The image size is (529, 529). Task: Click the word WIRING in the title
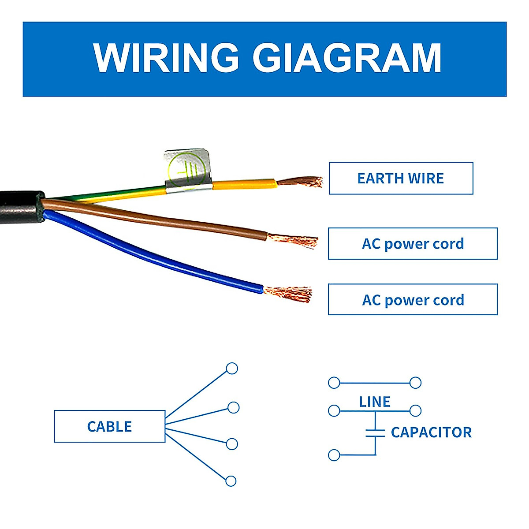pos(166,58)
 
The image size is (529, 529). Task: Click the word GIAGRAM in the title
pos(346,58)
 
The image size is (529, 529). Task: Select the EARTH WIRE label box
pos(401,178)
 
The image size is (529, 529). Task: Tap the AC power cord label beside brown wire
pos(413,243)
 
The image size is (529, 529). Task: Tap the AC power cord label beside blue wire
pos(413,300)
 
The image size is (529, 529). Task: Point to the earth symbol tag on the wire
pos(187,169)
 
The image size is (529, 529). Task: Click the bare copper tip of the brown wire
pos(294,240)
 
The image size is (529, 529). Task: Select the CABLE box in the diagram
pos(109,426)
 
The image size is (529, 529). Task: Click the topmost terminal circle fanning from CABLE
pos(232,369)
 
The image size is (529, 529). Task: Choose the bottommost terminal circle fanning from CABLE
pos(231,481)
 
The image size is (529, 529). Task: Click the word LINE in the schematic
pos(374,402)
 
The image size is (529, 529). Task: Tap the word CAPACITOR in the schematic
pos(431,432)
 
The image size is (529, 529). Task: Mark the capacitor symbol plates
pos(375,432)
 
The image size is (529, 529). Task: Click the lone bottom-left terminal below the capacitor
pos(334,455)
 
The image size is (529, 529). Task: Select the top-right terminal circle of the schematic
pos(415,383)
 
